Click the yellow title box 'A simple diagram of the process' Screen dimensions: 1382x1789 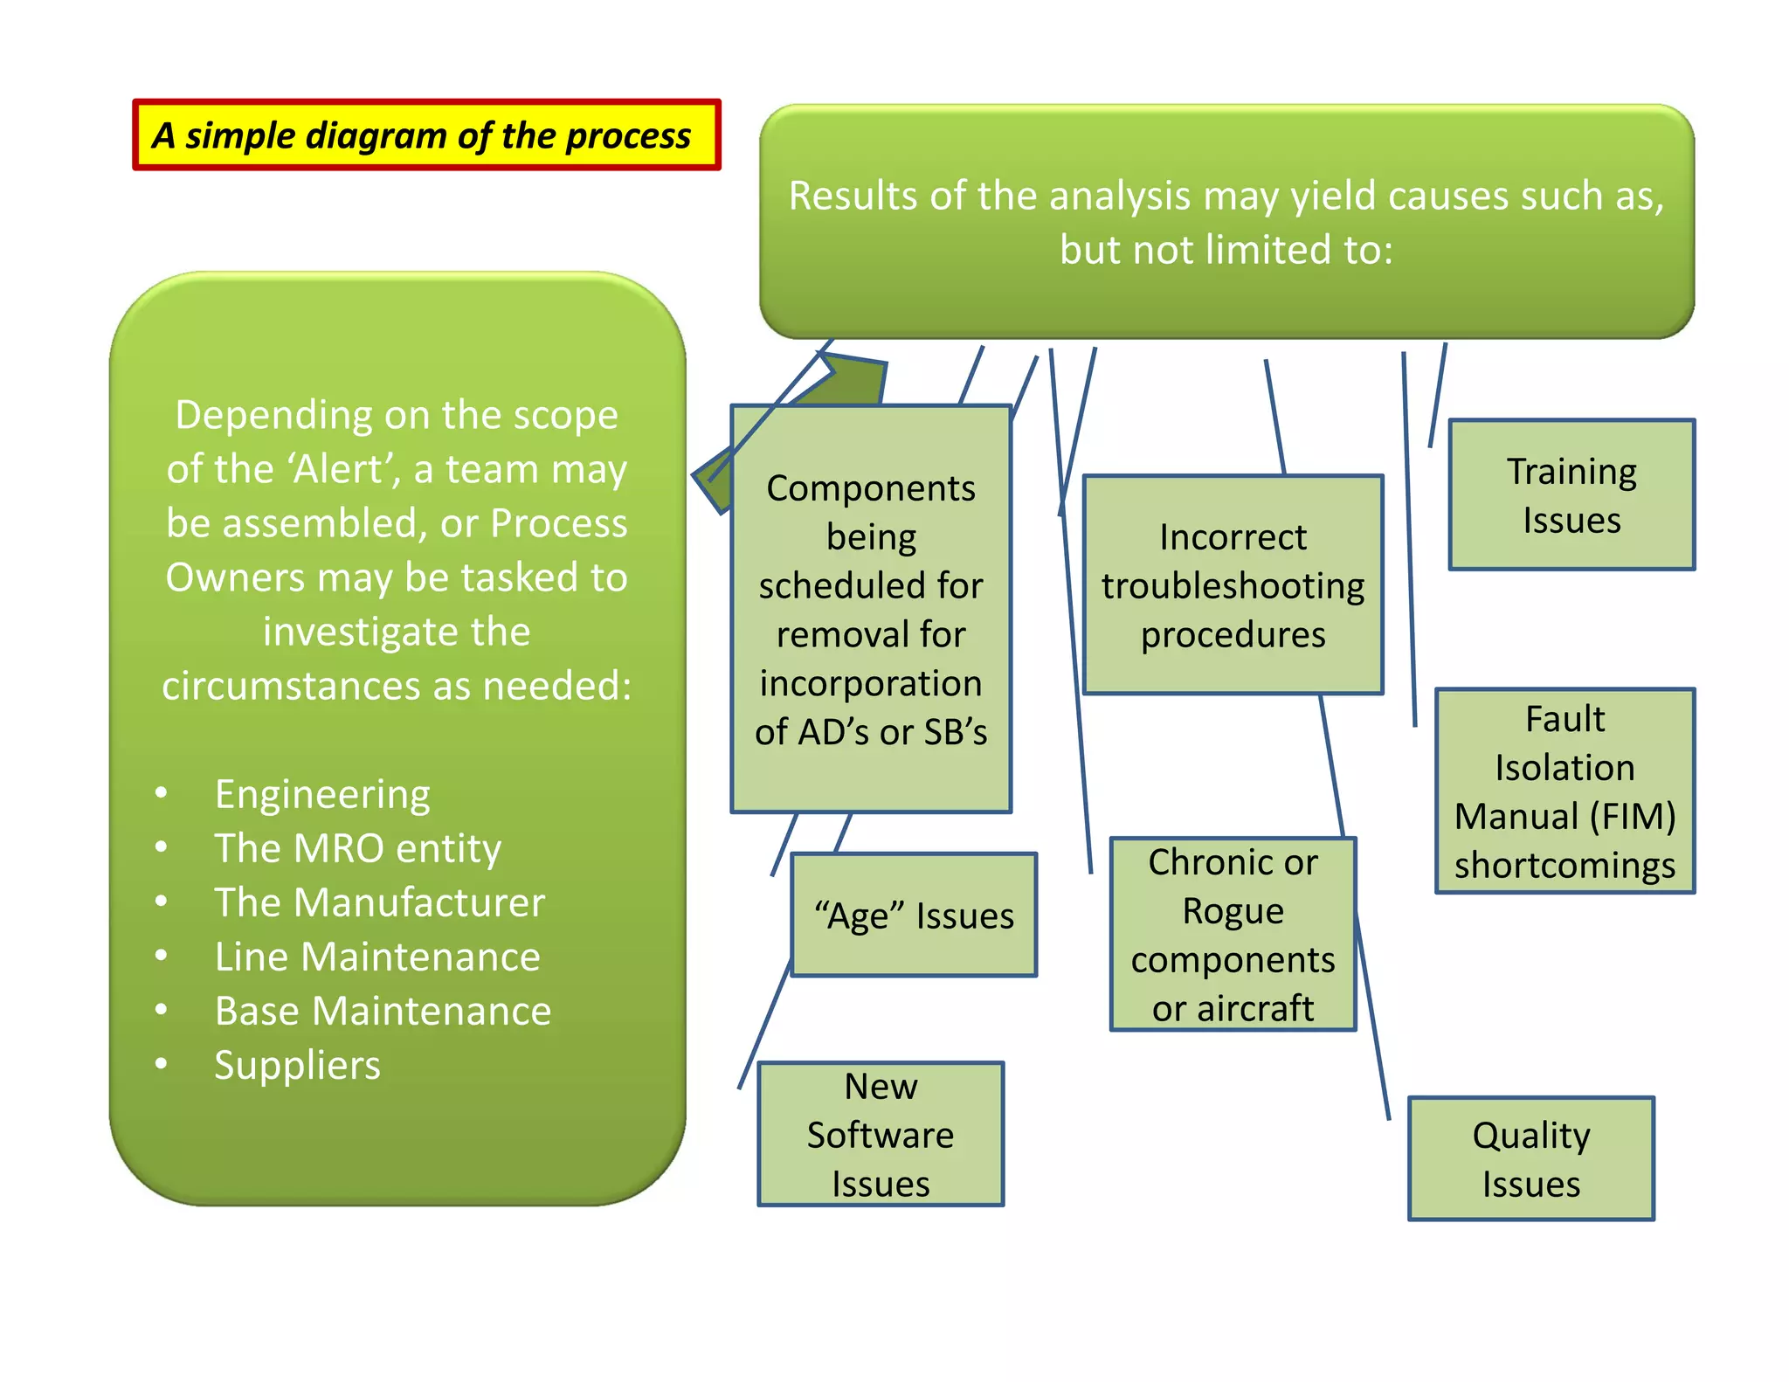426,135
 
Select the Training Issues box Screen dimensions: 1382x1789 1571,494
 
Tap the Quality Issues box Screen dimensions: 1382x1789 1530,1158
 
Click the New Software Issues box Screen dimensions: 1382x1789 881,1134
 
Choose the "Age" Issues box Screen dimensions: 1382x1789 914,915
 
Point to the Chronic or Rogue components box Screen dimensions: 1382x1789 1233,935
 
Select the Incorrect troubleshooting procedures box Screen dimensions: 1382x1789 1233,585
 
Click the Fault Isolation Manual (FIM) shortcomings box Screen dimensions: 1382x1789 1565,791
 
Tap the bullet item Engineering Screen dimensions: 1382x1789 322,794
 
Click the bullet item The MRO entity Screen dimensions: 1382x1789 358,848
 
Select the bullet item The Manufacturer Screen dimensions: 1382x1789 379,902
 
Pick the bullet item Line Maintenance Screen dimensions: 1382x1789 377,957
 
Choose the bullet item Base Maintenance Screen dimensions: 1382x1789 383,1011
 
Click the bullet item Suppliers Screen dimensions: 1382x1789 297,1065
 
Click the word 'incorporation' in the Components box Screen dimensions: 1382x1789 870,683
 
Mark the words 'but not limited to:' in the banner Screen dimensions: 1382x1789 1226,250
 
